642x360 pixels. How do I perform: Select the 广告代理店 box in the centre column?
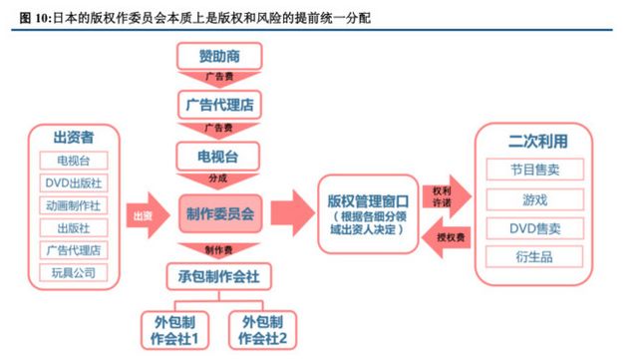point(219,104)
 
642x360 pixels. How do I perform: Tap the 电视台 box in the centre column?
point(219,156)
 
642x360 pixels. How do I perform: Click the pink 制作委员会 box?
point(220,213)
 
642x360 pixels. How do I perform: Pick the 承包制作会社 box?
point(219,275)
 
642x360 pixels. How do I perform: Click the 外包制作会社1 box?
point(175,329)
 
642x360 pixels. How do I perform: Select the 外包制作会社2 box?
point(263,329)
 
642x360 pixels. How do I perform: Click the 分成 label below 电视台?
point(219,180)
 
